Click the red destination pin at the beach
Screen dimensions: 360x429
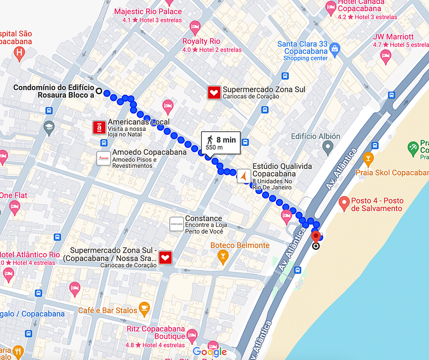click(316, 237)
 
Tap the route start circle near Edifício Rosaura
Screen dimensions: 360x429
click(99, 91)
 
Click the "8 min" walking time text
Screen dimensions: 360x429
click(226, 139)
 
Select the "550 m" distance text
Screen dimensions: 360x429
click(214, 148)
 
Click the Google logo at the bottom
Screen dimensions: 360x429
click(209, 352)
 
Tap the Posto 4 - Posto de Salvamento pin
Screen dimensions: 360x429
click(344, 202)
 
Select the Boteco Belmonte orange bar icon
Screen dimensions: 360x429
click(223, 257)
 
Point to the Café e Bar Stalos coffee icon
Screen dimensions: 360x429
click(144, 307)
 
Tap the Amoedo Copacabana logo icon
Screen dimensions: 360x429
click(103, 158)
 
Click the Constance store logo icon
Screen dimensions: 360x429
click(176, 224)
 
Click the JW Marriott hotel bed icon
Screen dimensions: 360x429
click(385, 55)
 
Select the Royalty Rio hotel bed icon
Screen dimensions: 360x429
click(194, 26)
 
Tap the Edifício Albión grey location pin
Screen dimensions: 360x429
click(328, 148)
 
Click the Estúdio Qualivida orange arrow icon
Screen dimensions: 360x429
click(244, 176)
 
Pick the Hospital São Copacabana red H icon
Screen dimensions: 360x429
click(20, 54)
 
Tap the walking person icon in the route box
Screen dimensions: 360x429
click(209, 140)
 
